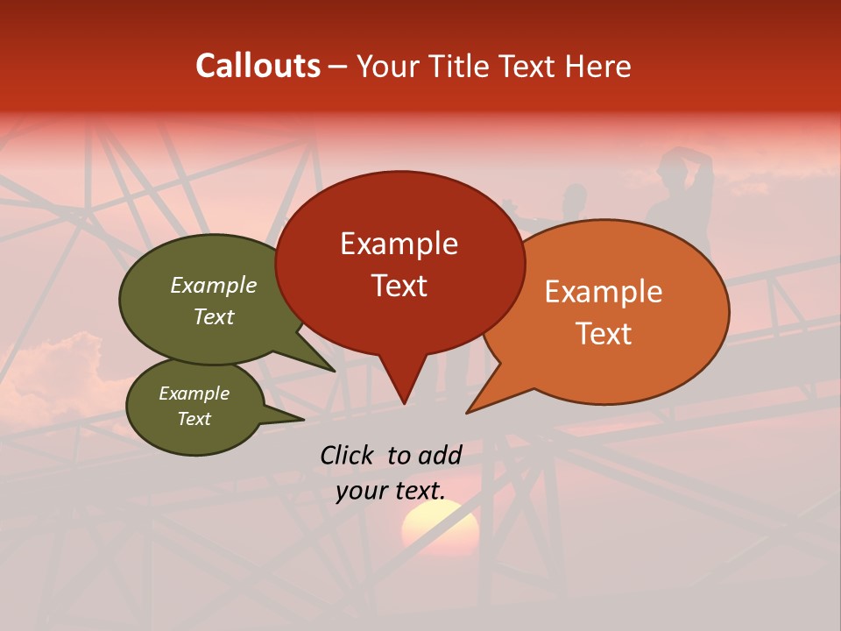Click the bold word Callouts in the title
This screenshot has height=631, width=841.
(x=258, y=66)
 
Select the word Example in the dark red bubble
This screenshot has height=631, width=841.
(x=399, y=244)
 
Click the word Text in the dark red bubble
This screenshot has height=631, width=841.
(x=399, y=286)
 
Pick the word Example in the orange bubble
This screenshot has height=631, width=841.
(x=604, y=292)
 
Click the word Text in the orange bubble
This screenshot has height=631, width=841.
(x=604, y=334)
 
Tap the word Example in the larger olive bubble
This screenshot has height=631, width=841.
(x=214, y=285)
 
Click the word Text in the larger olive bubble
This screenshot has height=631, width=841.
(x=214, y=316)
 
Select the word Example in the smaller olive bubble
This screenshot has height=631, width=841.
(x=194, y=393)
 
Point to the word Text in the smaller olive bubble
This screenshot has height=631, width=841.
(x=194, y=419)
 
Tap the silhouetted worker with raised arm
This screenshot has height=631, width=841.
(x=682, y=197)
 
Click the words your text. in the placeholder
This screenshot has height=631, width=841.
(x=390, y=491)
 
